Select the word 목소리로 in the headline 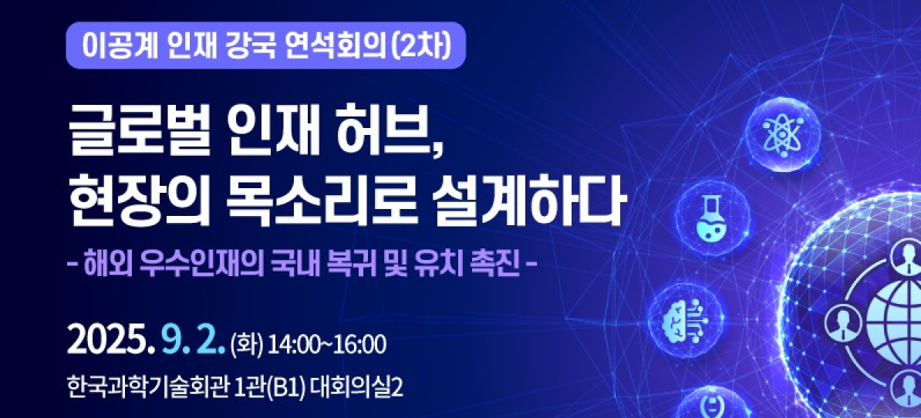309,205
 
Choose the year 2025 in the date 106,343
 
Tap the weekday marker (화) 248,345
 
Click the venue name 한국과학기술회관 147,388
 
